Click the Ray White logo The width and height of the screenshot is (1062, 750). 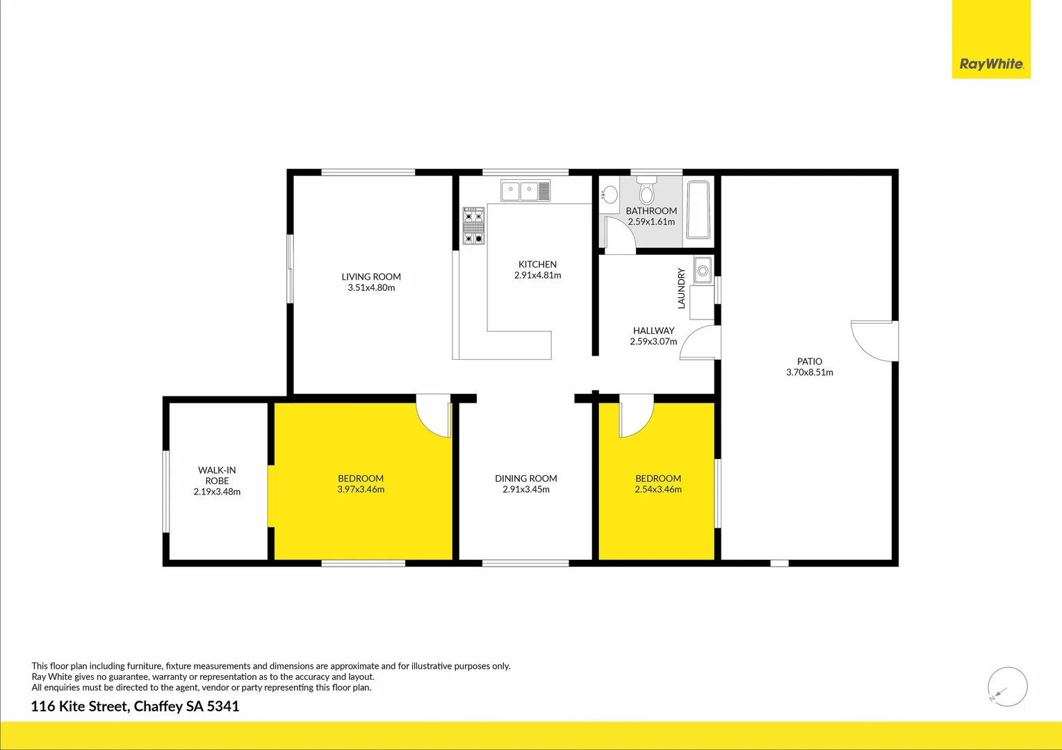pos(991,64)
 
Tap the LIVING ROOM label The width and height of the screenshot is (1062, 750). pos(371,276)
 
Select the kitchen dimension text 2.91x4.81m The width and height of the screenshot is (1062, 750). pos(537,275)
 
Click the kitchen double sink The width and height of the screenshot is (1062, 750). pos(525,190)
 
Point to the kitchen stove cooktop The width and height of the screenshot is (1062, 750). pos(473,226)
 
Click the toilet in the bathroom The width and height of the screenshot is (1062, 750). pos(647,189)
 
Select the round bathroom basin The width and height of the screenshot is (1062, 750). pos(610,194)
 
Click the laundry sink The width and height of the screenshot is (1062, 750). pos(703,270)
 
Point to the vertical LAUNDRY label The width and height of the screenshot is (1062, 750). pos(681,288)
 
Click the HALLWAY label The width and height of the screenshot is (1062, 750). pos(653,331)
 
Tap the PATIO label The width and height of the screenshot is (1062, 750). pos(810,361)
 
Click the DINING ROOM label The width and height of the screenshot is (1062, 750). pos(526,478)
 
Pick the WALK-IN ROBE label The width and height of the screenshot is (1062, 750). pos(217,475)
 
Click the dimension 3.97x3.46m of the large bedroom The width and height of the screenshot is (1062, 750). pos(361,489)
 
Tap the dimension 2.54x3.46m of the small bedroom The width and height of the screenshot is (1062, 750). pos(658,489)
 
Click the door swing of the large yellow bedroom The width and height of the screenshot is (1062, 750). pos(432,416)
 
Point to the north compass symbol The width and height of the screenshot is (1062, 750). pos(1007,687)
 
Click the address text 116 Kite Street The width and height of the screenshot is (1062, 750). pos(79,706)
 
